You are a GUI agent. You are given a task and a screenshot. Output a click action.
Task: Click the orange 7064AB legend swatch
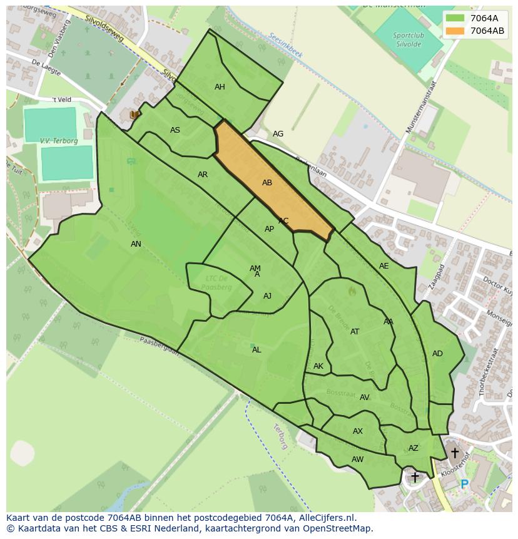[x=455, y=31]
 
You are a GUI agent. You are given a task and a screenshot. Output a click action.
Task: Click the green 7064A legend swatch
[x=455, y=18]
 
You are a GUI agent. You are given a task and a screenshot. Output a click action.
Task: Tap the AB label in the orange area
[x=267, y=183]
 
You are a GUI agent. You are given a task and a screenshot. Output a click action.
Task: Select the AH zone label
[x=220, y=87]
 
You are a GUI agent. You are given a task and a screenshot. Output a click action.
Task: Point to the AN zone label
[x=136, y=244]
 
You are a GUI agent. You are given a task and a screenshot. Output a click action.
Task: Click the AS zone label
[x=175, y=130]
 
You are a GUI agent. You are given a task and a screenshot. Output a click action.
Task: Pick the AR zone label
[x=203, y=175]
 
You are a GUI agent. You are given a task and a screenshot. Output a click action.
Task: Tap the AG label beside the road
[x=278, y=134]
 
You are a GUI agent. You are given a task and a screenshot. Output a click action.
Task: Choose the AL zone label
[x=256, y=350]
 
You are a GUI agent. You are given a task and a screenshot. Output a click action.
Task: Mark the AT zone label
[x=355, y=332]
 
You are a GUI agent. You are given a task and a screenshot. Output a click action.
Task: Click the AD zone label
[x=437, y=354]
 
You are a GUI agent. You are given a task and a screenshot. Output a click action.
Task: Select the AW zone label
[x=357, y=459]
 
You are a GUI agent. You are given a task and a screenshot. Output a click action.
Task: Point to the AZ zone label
[x=414, y=448]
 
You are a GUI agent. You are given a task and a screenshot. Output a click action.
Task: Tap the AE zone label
[x=383, y=266]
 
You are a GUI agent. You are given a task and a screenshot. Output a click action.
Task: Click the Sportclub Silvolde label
[x=409, y=39]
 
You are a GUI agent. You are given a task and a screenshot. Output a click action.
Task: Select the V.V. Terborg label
[x=59, y=141]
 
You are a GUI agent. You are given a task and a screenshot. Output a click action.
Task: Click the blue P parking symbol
[x=464, y=484]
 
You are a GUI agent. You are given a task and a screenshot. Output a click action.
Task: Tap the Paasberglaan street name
[x=160, y=346]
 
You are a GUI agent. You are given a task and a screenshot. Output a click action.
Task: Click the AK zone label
[x=318, y=366]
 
